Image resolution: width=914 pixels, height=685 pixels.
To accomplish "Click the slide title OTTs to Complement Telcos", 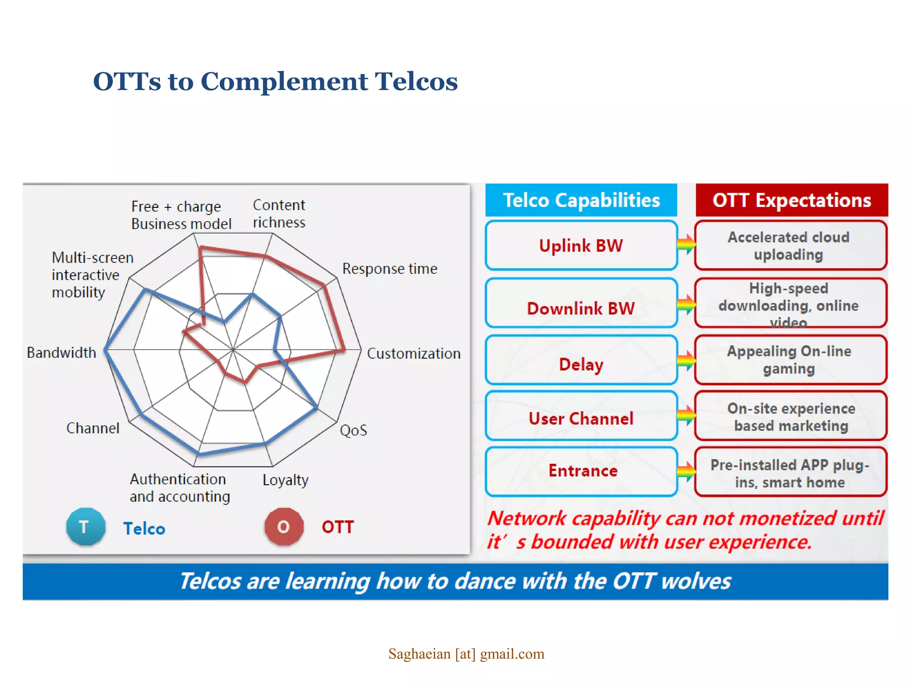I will click(x=275, y=82).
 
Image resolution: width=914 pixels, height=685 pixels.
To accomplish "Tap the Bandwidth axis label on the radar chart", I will click(x=61, y=353).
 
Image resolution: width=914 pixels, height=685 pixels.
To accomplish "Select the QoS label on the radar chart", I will click(x=353, y=430).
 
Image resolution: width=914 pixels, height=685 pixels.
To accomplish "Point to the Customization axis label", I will click(x=413, y=354).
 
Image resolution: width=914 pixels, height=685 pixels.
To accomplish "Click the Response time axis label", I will click(x=389, y=269).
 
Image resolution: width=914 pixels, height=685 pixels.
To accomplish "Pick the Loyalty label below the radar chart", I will click(x=285, y=480).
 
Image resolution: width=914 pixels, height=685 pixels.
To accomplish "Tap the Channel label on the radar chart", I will click(x=93, y=428).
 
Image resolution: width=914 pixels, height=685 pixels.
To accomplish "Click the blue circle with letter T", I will click(x=86, y=527).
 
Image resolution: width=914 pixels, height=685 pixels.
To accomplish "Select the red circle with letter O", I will click(x=284, y=527).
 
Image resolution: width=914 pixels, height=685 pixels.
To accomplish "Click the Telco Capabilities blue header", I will click(x=581, y=200).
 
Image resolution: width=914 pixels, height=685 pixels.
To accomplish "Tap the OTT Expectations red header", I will click(x=791, y=200).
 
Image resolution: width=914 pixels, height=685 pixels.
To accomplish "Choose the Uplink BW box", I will click(x=581, y=246).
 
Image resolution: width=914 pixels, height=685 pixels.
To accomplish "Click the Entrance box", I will click(x=581, y=471).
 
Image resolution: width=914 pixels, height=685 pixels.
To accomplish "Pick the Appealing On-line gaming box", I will click(x=789, y=360).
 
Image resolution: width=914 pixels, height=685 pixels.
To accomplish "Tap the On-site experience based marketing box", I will click(x=790, y=417).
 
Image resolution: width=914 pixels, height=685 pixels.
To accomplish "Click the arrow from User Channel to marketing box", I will click(x=686, y=416).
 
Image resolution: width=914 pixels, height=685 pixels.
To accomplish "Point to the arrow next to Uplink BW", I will click(x=686, y=244).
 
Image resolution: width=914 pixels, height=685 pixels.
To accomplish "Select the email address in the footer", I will click(x=466, y=654).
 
